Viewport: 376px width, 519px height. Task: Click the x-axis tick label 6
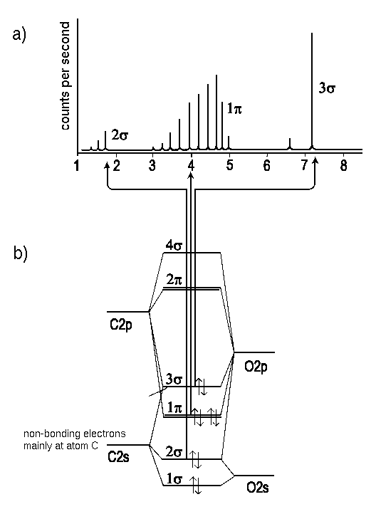pyautogui.click(x=267, y=165)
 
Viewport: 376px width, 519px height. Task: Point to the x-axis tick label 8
pyautogui.click(x=343, y=165)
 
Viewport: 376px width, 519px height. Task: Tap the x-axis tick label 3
pyautogui.click(x=152, y=165)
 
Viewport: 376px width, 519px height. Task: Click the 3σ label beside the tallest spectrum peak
pyautogui.click(x=327, y=88)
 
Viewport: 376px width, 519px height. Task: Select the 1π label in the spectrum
pyautogui.click(x=234, y=108)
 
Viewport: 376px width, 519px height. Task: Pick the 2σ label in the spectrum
pyautogui.click(x=120, y=135)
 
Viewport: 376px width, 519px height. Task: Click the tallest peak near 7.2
pyautogui.click(x=312, y=91)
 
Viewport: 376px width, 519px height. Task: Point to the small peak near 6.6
pyautogui.click(x=290, y=144)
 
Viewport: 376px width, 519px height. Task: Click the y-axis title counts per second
pyautogui.click(x=66, y=76)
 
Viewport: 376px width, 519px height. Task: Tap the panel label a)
pyautogui.click(x=19, y=34)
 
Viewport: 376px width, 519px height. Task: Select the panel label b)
pyautogui.click(x=21, y=253)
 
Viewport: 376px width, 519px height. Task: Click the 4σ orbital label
pyautogui.click(x=174, y=246)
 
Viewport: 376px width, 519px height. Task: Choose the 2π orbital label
pyautogui.click(x=174, y=280)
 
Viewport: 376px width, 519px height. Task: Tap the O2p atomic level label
pyautogui.click(x=256, y=367)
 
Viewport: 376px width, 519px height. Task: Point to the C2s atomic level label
pyautogui.click(x=118, y=457)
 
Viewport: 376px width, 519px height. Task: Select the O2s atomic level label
pyautogui.click(x=258, y=487)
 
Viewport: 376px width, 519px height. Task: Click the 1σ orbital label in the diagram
pyautogui.click(x=174, y=478)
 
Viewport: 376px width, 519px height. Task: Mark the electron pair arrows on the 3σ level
pyautogui.click(x=201, y=387)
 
